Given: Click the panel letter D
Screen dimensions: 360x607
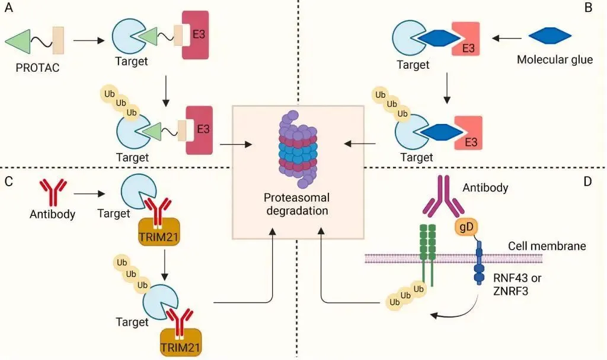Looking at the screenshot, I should point(587,181).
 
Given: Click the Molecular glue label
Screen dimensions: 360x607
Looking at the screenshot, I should point(554,59).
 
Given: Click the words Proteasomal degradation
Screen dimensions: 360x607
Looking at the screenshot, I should point(298,203).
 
